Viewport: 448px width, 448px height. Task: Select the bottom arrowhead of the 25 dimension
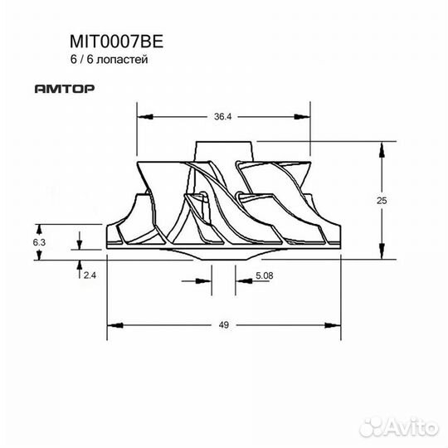[382, 255]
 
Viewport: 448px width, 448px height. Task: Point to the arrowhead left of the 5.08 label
[241, 280]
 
